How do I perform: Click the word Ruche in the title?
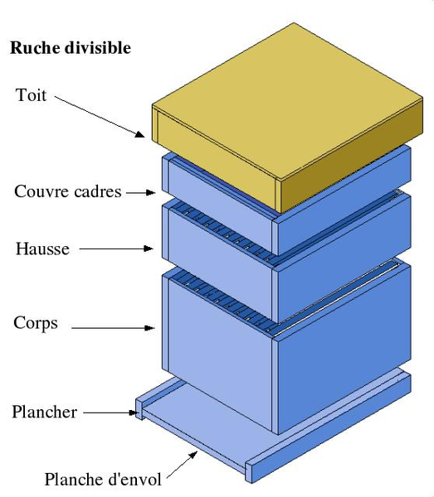(35, 48)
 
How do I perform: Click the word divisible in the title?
(98, 48)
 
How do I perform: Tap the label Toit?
(31, 95)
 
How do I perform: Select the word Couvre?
(40, 192)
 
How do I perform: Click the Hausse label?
(42, 248)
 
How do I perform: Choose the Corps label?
(36, 324)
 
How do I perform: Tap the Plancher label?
(45, 412)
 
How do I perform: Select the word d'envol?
(135, 480)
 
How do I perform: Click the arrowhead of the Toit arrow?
(140, 134)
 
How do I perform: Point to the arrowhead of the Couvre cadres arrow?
(151, 192)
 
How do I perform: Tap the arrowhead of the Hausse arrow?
(149, 248)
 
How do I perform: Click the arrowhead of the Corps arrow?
(149, 328)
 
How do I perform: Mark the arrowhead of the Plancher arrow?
(133, 413)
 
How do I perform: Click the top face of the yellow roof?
(287, 101)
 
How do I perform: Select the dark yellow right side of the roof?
(349, 157)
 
